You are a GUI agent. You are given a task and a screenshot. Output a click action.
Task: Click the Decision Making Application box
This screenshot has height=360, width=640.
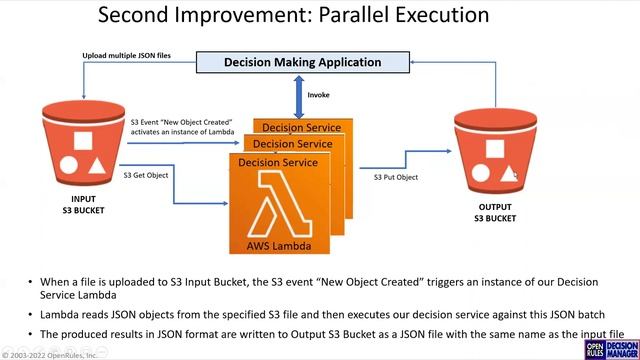(x=302, y=62)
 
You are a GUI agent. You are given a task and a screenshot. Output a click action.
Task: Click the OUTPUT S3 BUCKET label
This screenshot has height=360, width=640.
(x=496, y=213)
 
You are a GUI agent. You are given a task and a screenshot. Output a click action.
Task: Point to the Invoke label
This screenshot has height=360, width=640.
(x=318, y=96)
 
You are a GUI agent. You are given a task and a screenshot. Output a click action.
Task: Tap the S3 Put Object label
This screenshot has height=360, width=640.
(x=396, y=177)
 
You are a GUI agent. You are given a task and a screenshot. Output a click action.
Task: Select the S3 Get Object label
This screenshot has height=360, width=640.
(x=145, y=175)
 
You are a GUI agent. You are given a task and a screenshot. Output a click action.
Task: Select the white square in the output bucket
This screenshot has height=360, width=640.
(x=494, y=151)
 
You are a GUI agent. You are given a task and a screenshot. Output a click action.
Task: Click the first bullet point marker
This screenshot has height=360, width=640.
(x=31, y=283)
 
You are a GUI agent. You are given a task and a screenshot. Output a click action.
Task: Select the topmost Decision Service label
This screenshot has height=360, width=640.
(x=297, y=128)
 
